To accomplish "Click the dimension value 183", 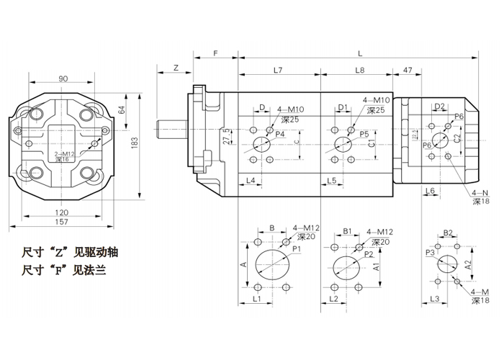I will pyautogui.click(x=134, y=144).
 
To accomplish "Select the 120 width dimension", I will pyautogui.click(x=63, y=212).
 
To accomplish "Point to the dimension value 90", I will pyautogui.click(x=63, y=78).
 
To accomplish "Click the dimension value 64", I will pyautogui.click(x=122, y=110).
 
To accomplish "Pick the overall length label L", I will pyautogui.click(x=359, y=54).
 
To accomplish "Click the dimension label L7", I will pyautogui.click(x=277, y=70).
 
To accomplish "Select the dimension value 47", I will pyautogui.click(x=408, y=70).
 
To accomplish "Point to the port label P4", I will pyautogui.click(x=280, y=135).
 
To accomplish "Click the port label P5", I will pyautogui.click(x=364, y=135).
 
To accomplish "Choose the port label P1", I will pyautogui.click(x=296, y=248).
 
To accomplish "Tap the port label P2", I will pyautogui.click(x=368, y=254).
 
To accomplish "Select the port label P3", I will pyautogui.click(x=430, y=253).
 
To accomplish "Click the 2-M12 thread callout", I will pyautogui.click(x=65, y=154).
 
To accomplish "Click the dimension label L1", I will pyautogui.click(x=256, y=298).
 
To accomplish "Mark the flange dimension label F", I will pyautogui.click(x=215, y=54).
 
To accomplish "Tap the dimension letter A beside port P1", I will pyautogui.click(x=244, y=264).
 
